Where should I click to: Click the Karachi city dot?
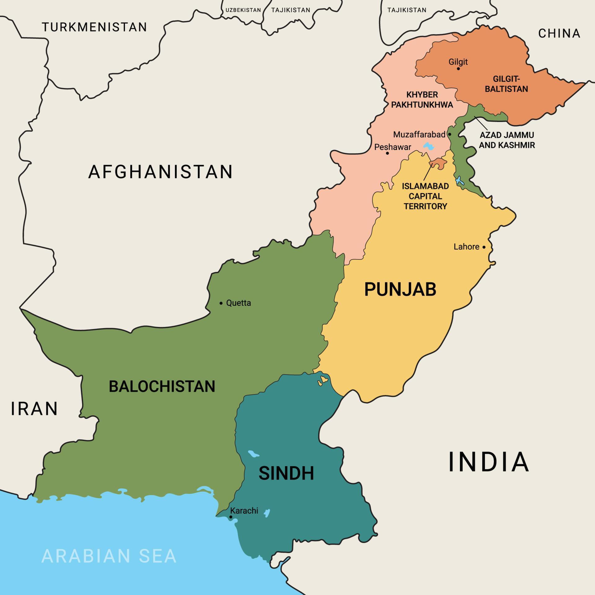click(x=231, y=517)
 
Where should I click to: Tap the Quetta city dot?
click(x=221, y=303)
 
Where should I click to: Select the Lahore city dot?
click(x=484, y=247)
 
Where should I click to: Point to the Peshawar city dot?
click(x=387, y=153)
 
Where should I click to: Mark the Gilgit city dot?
click(x=458, y=68)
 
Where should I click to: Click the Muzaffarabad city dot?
click(x=450, y=134)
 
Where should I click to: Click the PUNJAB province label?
click(x=400, y=289)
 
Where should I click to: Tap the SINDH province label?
click(x=286, y=473)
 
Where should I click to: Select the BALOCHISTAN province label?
click(x=162, y=386)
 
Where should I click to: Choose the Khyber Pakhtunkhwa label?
click(x=422, y=100)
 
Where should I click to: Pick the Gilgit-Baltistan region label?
click(x=506, y=84)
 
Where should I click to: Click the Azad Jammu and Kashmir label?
click(x=507, y=140)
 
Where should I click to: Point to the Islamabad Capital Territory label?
click(x=425, y=196)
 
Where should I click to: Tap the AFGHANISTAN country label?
click(x=161, y=172)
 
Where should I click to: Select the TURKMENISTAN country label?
click(x=95, y=27)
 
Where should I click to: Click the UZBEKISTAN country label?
click(x=243, y=10)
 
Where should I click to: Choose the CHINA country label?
click(x=559, y=33)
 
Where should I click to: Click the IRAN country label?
click(x=34, y=409)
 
